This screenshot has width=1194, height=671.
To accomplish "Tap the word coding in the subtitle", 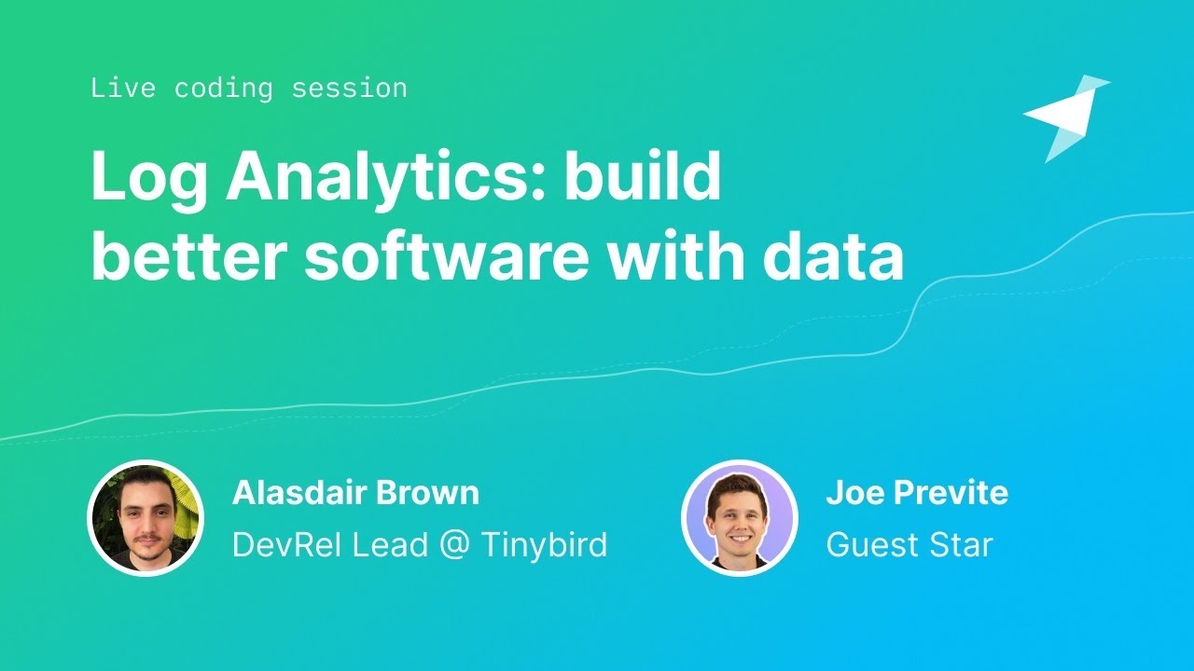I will click(223, 89).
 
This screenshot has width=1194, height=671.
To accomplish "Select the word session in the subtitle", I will click(349, 89).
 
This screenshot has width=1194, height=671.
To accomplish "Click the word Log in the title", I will click(145, 179).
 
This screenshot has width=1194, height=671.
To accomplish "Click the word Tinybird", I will click(544, 544).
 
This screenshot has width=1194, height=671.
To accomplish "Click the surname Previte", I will click(952, 492).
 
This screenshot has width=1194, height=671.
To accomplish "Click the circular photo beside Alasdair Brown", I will click(145, 517).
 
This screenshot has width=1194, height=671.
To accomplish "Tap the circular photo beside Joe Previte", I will click(739, 517).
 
